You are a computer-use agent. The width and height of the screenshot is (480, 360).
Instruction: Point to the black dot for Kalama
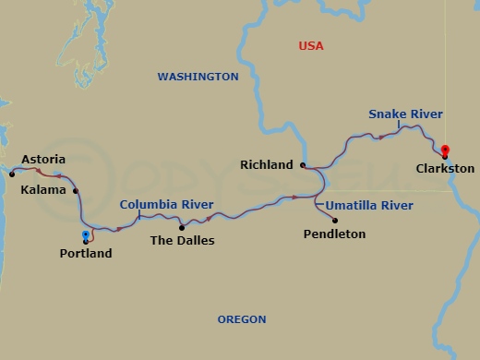pyautogui.click(x=76, y=191)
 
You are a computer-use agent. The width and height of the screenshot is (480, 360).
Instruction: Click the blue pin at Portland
pyautogui.click(x=86, y=235)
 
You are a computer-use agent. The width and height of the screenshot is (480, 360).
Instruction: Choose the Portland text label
pyautogui.click(x=85, y=253)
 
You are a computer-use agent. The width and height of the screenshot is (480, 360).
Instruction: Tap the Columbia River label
pyautogui.click(x=167, y=204)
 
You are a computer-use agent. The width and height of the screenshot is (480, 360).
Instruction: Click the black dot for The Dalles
pyautogui.click(x=181, y=227)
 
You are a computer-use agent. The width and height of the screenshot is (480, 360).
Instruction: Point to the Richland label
pyautogui.click(x=266, y=165)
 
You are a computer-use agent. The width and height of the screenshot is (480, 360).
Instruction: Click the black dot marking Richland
pyautogui.click(x=302, y=165)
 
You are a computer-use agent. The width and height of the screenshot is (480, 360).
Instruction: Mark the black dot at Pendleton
pyautogui.click(x=334, y=220)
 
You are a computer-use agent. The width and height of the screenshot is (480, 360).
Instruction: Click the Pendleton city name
pyautogui.click(x=334, y=234)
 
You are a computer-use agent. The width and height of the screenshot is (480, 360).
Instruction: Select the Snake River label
pyautogui.click(x=405, y=114)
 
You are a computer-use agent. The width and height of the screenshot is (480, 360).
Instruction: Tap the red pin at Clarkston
pyautogui.click(x=444, y=151)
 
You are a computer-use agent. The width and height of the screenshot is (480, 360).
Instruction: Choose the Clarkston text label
pyautogui.click(x=445, y=169)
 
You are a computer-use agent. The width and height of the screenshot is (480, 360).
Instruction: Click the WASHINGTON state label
pyautogui.click(x=198, y=77)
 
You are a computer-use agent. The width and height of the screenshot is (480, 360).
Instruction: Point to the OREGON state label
pyautogui.click(x=242, y=319)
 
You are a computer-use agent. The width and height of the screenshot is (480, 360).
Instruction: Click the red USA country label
pyautogui.click(x=311, y=45)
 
